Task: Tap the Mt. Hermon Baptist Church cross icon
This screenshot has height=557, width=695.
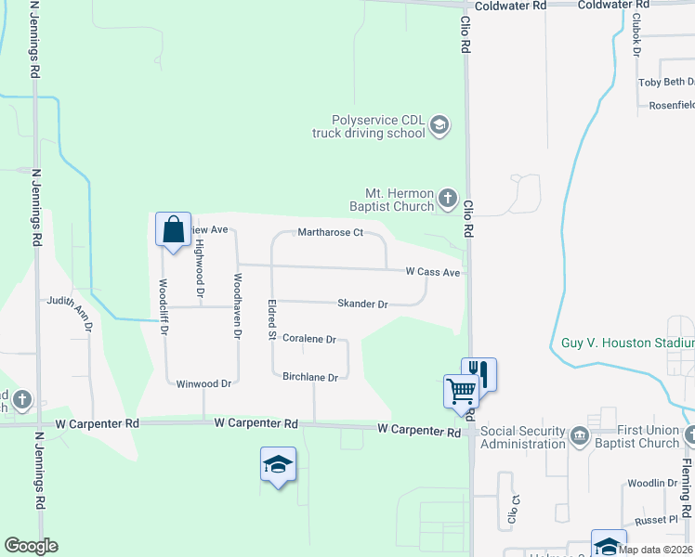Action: click(447, 197)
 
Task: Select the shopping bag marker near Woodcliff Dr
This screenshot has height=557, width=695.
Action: click(174, 229)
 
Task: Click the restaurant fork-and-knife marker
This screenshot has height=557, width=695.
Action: click(479, 374)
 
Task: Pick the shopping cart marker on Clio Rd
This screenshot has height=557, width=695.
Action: click(461, 391)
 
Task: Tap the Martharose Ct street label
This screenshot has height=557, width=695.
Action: click(329, 232)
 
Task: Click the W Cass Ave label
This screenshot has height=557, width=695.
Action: click(432, 273)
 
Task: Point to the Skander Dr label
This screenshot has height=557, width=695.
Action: click(362, 304)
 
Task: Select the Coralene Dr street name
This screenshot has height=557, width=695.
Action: click(308, 340)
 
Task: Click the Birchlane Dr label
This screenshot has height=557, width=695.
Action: click(309, 377)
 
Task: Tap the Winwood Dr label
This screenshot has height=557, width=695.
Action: click(203, 383)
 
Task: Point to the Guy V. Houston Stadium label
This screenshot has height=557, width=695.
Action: click(627, 343)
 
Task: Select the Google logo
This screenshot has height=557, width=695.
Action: click(31, 546)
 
